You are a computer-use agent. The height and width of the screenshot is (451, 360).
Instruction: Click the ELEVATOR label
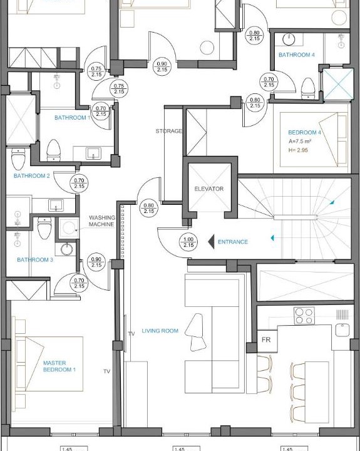tap(208, 189)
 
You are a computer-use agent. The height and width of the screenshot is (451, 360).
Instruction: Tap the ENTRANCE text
tap(233, 242)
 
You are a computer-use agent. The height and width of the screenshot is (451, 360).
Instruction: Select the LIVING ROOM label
tap(160, 331)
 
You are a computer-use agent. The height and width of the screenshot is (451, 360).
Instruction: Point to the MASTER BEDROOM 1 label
tap(59, 366)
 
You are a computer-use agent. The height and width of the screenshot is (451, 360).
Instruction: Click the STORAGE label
tap(169, 131)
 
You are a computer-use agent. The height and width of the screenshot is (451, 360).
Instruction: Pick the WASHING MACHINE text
tap(102, 221)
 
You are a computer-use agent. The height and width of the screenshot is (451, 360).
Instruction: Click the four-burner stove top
tap(304, 316)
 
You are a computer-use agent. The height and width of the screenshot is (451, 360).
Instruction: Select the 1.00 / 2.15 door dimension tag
tap(188, 242)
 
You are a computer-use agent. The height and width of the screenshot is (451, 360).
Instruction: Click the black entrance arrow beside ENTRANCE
tap(212, 242)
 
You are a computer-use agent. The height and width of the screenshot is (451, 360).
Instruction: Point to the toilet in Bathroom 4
tap(308, 88)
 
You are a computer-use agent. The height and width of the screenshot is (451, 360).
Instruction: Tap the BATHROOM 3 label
tap(35, 260)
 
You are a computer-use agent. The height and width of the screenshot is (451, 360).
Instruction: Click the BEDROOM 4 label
tap(304, 132)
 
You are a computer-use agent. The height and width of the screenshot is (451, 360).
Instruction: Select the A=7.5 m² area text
tap(300, 141)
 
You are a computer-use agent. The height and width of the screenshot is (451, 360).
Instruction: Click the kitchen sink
tap(342, 330)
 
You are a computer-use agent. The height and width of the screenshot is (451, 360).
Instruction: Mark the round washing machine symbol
tap(69, 228)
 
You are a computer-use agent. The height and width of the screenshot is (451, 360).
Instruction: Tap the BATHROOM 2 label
tap(32, 176)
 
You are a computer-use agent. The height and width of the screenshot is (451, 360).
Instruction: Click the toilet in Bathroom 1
tap(53, 150)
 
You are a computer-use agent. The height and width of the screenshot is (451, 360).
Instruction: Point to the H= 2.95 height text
tap(298, 150)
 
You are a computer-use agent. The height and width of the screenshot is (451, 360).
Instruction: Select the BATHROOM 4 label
tap(297, 54)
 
